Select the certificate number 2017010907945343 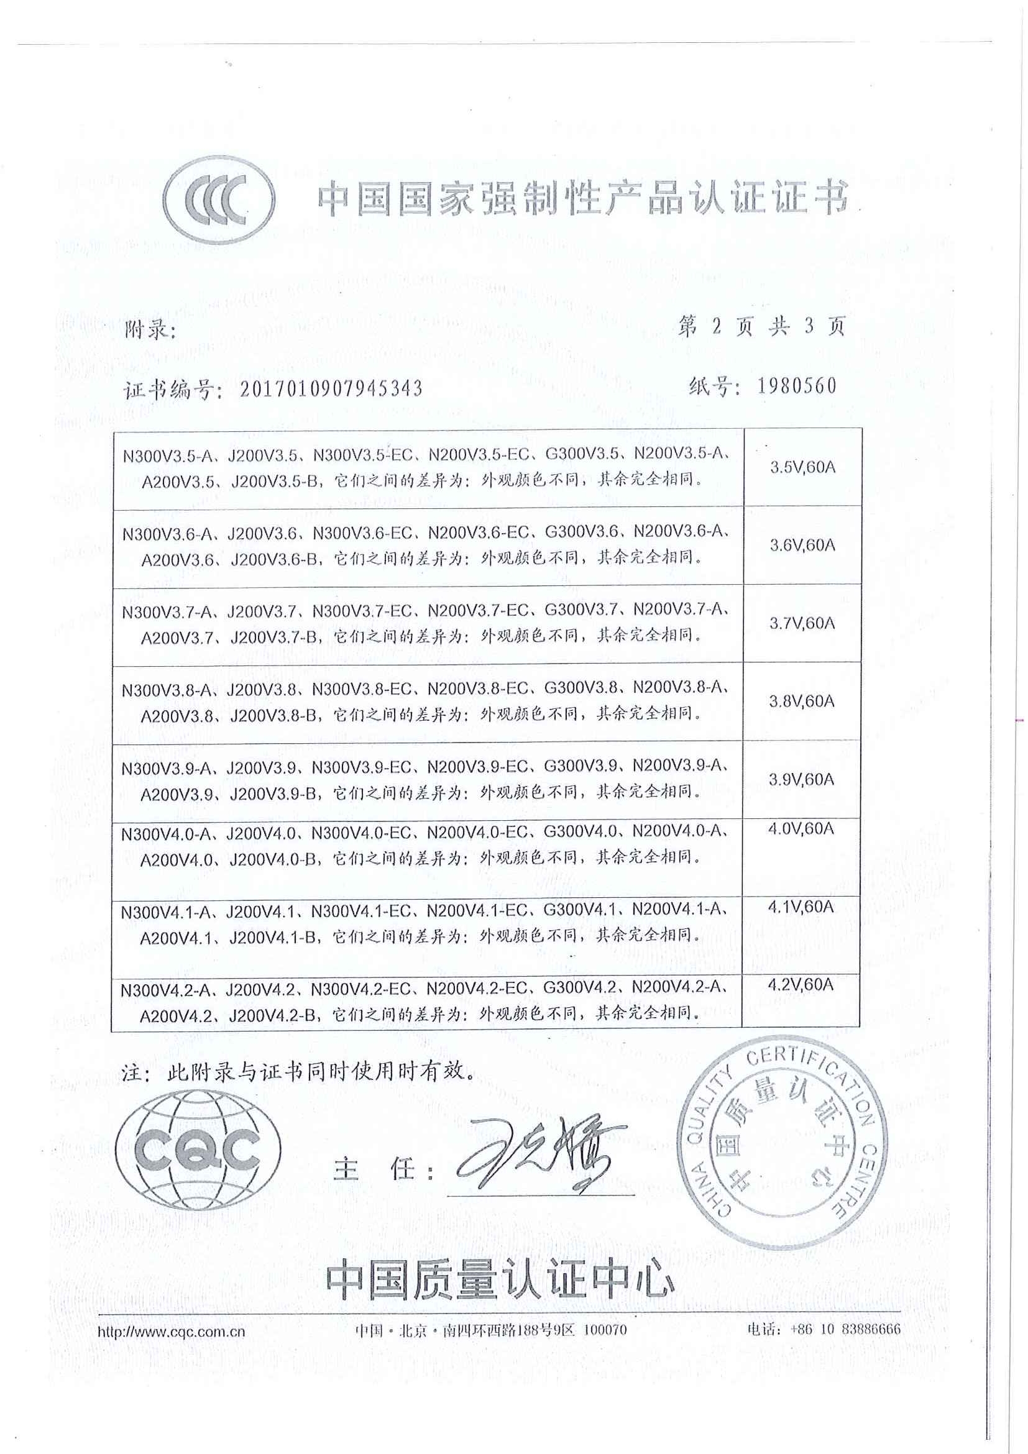click(x=331, y=388)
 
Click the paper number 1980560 click(x=797, y=386)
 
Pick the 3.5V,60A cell click(x=802, y=467)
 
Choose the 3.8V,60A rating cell click(x=801, y=701)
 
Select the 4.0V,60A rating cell click(x=801, y=828)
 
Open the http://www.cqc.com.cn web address click(x=171, y=1331)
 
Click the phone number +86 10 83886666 click(x=845, y=1329)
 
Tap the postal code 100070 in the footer click(x=604, y=1330)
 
